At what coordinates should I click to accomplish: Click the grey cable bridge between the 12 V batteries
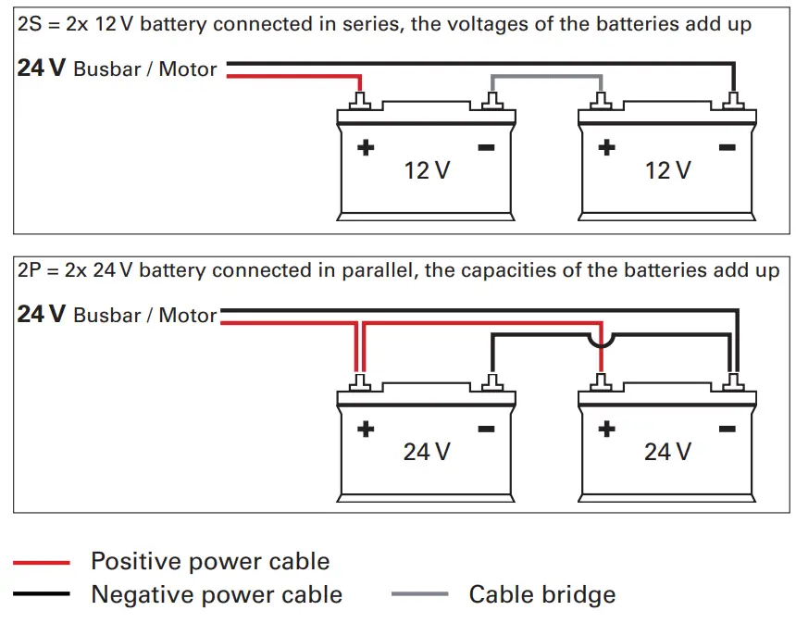(546, 77)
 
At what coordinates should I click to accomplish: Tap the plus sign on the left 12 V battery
(366, 147)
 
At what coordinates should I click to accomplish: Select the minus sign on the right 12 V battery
(727, 147)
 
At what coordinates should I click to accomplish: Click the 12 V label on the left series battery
(427, 170)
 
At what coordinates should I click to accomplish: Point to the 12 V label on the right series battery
(667, 170)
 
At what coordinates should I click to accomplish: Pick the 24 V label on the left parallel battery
(427, 451)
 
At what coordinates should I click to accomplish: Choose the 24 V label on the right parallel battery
(667, 451)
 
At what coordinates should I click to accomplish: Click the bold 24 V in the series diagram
(41, 68)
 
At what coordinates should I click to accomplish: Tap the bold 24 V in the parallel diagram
(41, 314)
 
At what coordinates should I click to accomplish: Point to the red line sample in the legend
(42, 562)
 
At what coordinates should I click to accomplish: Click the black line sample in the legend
(42, 594)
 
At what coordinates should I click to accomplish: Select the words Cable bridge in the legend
(541, 594)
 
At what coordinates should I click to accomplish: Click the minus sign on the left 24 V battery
(486, 429)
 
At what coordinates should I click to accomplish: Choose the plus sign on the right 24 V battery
(606, 429)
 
